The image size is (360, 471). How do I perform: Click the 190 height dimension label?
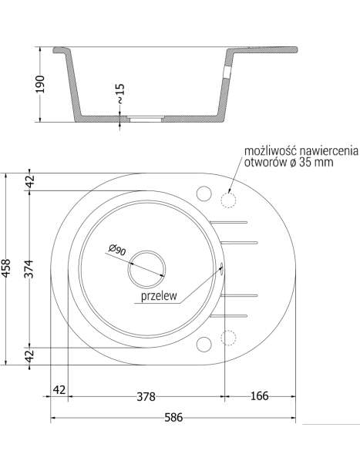pos(40,84)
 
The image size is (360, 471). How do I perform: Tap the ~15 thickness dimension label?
pos(119,93)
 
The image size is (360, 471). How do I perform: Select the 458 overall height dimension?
pos(6,269)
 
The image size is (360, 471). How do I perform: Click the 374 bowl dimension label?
pos(29,269)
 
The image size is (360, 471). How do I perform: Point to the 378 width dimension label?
pos(146,396)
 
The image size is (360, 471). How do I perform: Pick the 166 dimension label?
pos(259,396)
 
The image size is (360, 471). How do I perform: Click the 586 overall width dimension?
pos(173,418)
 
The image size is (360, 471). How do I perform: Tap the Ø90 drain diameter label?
pos(117,250)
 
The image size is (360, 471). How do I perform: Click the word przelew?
pos(159,296)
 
